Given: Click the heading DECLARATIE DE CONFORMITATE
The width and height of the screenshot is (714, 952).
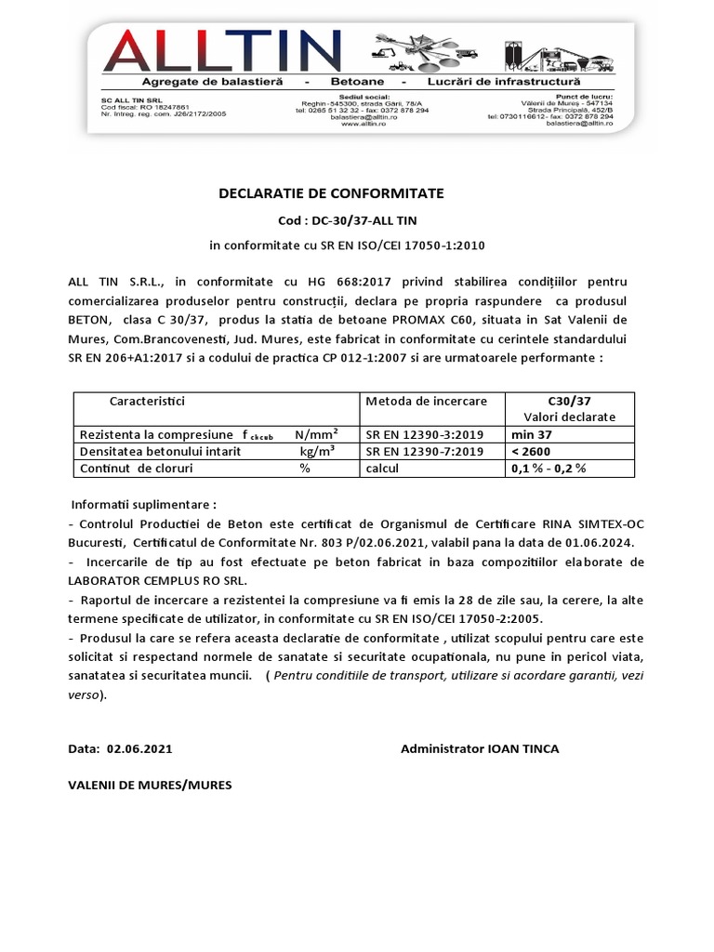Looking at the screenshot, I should click(331, 193).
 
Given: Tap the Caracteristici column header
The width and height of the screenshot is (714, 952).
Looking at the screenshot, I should click(148, 401).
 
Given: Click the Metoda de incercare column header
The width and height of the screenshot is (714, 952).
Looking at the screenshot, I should click(426, 401).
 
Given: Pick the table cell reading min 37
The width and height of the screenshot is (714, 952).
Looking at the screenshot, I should click(531, 434).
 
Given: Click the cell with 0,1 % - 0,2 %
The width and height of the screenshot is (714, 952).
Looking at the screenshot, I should click(548, 468).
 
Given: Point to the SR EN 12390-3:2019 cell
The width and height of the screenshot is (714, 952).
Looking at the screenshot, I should click(424, 434).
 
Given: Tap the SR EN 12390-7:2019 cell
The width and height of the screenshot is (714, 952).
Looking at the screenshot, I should click(424, 451).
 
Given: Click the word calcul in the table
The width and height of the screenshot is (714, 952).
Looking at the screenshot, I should click(382, 468).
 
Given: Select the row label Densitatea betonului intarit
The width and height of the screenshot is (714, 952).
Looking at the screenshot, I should click(160, 451).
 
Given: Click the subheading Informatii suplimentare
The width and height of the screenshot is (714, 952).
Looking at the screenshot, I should click(143, 505).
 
